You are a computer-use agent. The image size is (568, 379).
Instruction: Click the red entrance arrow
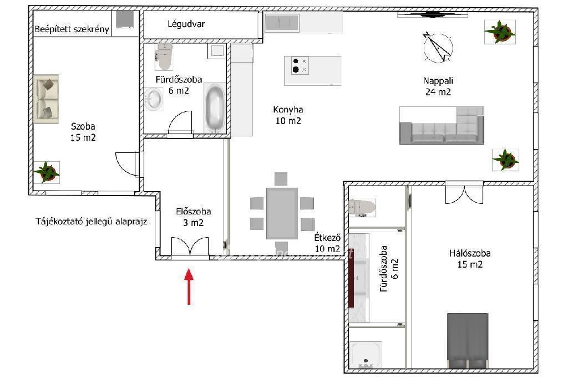pyautogui.click(x=189, y=286)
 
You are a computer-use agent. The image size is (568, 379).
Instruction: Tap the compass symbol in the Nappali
pyautogui.click(x=438, y=47)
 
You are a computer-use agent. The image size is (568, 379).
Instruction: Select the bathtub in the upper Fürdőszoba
pyautogui.click(x=215, y=108)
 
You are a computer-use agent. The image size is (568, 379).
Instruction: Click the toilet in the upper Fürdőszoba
pyautogui.click(x=164, y=57)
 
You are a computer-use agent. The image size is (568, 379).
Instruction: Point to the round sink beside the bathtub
pyautogui.click(x=153, y=99)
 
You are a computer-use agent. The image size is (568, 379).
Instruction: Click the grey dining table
pyautogui.click(x=282, y=213)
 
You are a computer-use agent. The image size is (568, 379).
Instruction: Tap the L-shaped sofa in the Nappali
pyautogui.click(x=442, y=125)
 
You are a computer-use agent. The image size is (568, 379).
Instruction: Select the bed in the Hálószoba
pyautogui.click(x=467, y=340)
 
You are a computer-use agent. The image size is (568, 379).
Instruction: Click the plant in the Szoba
pyautogui.click(x=47, y=172)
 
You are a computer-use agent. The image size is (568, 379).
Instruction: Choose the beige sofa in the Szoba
pyautogui.click(x=46, y=99)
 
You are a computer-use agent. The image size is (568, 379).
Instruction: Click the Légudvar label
pyautogui.click(x=186, y=24)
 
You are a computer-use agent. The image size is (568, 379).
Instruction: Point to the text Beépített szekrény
pyautogui.click(x=72, y=29)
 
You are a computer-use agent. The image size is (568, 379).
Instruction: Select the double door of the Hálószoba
pyautogui.click(x=464, y=193)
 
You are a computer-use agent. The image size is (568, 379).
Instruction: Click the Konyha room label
pyautogui.click(x=288, y=115)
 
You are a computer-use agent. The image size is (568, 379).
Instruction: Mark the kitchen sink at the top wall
pyautogui.click(x=282, y=23)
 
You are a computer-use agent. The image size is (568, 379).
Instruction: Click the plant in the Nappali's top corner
pyautogui.click(x=500, y=32)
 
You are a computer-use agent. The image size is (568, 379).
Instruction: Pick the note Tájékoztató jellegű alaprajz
pyautogui.click(x=92, y=222)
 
